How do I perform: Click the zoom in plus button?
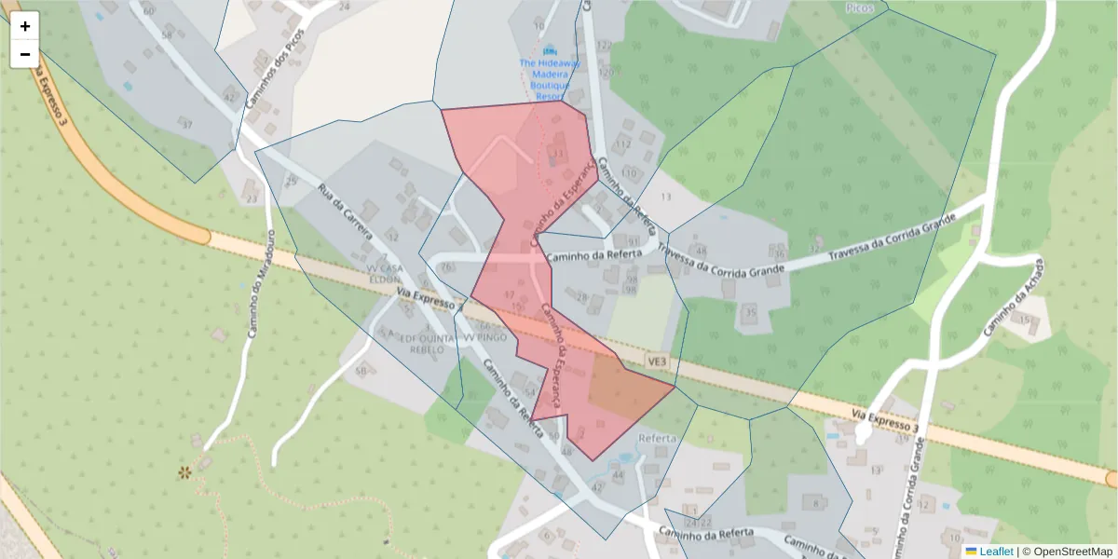25,26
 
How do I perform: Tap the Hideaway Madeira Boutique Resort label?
550,75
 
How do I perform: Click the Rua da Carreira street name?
347,217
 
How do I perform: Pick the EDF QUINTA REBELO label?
421,343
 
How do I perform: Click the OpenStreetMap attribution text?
1067,552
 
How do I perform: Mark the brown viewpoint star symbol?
184,472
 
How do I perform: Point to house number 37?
186,124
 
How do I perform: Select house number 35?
751,312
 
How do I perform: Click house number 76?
448,267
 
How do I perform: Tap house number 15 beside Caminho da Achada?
1025,320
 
